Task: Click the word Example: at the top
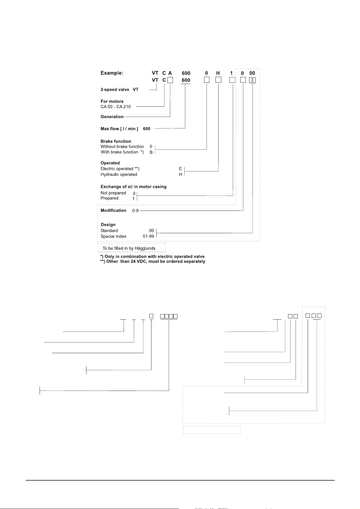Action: [112, 73]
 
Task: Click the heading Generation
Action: [112, 117]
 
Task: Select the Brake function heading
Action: [116, 141]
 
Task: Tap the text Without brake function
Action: [122, 147]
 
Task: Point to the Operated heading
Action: [110, 163]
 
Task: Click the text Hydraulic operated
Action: [119, 175]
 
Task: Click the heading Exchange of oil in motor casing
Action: [133, 187]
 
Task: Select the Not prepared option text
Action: [113, 193]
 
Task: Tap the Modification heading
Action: [113, 211]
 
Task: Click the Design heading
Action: [108, 225]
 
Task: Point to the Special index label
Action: [113, 237]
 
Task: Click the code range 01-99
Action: [148, 237]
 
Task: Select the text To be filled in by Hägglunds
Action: [129, 248]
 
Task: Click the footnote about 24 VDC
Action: [153, 262]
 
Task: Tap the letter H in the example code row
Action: [218, 73]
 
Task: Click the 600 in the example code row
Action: [186, 73]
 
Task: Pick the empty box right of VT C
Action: [170, 80]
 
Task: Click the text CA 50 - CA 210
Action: [115, 107]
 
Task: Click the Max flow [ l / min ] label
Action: [119, 129]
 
